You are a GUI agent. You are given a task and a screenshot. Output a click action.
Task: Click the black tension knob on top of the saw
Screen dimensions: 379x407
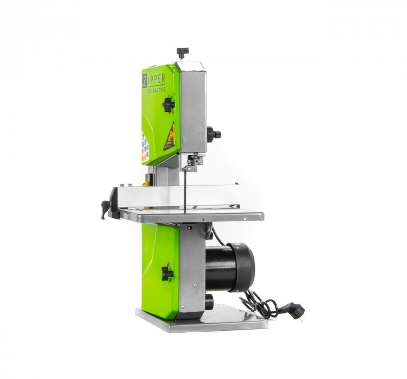(x=182, y=52)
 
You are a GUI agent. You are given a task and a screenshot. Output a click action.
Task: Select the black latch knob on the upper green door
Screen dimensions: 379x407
(x=168, y=105)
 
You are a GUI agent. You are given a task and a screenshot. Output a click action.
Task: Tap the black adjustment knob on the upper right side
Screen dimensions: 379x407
(x=214, y=134)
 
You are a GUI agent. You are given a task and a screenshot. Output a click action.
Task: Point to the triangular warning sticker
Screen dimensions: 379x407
(x=169, y=137)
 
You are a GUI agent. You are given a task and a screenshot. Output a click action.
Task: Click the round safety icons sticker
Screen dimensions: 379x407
(x=145, y=147)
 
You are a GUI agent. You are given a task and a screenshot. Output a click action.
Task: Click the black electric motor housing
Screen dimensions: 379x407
(x=229, y=267)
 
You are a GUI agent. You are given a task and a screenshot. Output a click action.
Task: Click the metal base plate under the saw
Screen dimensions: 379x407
(x=203, y=323)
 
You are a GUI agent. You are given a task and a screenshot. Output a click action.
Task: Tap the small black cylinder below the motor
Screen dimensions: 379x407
(x=209, y=302)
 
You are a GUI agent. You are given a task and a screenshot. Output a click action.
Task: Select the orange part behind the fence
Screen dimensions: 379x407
(x=146, y=181)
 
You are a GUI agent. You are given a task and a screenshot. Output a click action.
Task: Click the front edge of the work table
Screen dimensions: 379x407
(x=193, y=218)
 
